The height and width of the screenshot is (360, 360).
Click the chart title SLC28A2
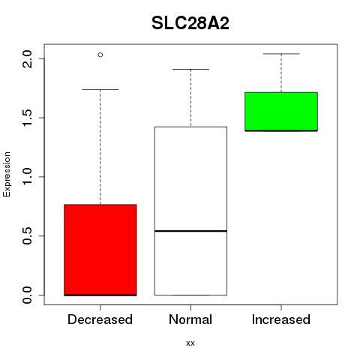point(190,23)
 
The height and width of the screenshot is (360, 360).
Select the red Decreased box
point(100,250)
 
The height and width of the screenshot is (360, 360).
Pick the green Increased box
point(281,112)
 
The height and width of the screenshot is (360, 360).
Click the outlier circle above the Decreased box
point(100,55)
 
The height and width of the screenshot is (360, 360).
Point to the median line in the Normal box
point(190,231)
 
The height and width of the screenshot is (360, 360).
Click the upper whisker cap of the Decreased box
point(100,89)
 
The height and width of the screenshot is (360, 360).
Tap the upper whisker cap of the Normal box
point(190,69)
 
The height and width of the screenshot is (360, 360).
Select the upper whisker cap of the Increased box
point(281,54)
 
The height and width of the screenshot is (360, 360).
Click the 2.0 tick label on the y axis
point(27,59)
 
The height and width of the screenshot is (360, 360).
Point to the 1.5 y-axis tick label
point(27,118)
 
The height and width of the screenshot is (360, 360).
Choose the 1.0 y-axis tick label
point(27,177)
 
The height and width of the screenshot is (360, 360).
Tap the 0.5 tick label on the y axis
point(27,235)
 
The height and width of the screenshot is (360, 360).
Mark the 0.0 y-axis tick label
point(27,295)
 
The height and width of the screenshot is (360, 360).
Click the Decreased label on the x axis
point(100,319)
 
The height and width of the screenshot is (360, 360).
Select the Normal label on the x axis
point(190,319)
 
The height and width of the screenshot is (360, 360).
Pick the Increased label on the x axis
point(281,319)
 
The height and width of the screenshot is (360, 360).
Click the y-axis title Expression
point(7,174)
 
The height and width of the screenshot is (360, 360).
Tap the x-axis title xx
point(190,343)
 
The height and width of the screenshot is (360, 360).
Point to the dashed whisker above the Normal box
point(191,98)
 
